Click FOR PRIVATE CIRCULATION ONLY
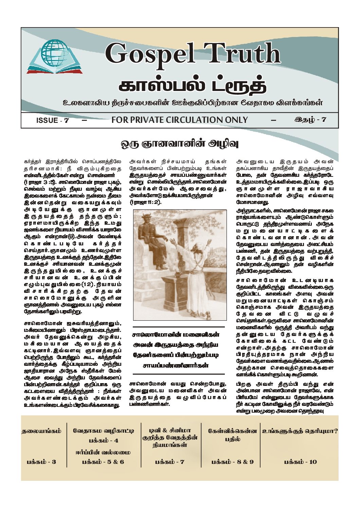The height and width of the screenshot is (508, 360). pos(180,120)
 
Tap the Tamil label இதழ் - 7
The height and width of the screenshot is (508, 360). pos(310,120)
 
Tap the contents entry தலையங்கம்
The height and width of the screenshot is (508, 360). pos(42,431)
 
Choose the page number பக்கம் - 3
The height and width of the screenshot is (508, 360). pos(41,462)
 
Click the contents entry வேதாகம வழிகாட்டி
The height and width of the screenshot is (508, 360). pos(104,431)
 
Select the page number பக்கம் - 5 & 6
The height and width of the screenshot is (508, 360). pos(104,462)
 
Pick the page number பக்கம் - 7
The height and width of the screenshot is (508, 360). pos(170,462)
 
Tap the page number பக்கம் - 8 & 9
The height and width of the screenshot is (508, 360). pos(232,462)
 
